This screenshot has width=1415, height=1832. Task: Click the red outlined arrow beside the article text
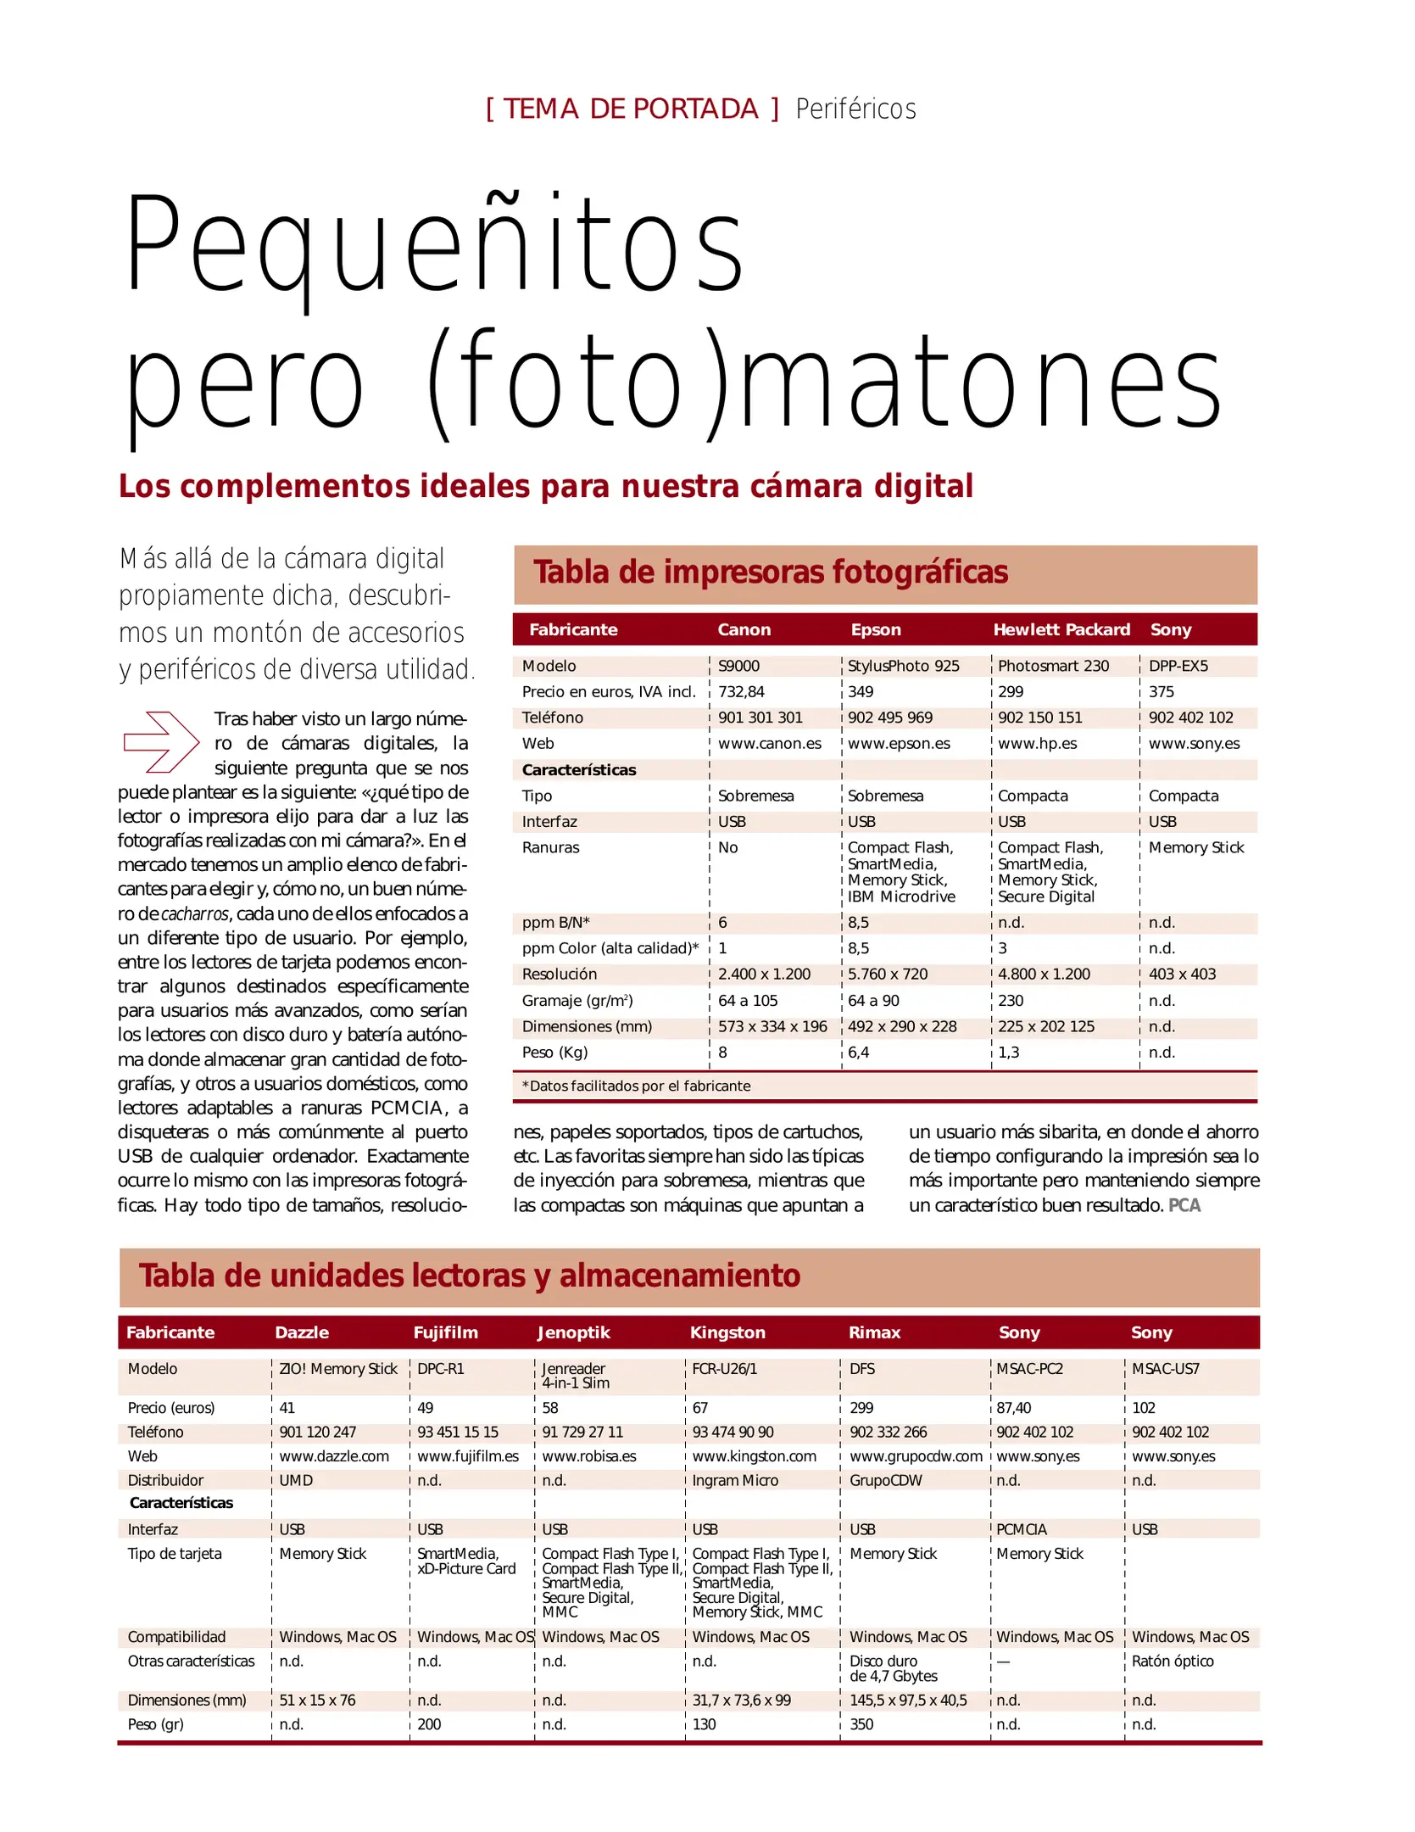tap(161, 742)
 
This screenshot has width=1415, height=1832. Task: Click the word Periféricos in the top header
tap(855, 109)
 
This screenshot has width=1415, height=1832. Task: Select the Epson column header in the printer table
tap(876, 629)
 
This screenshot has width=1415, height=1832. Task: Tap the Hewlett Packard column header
tap(1061, 629)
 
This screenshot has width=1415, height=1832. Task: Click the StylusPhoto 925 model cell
tap(903, 666)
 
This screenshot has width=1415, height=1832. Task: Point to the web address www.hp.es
tap(1037, 744)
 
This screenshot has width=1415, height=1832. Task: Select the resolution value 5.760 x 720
tap(888, 975)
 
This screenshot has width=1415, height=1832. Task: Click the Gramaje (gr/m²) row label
tap(577, 1001)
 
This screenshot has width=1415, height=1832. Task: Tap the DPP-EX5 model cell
tap(1178, 666)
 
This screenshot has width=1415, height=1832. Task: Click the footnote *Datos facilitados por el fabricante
tap(636, 1086)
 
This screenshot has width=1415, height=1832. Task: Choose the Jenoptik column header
tap(573, 1332)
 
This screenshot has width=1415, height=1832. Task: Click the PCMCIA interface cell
tap(1021, 1529)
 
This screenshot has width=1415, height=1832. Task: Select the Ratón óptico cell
tap(1173, 1661)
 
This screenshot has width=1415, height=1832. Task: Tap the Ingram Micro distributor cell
tap(735, 1480)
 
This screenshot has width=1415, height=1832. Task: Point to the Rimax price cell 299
tap(861, 1408)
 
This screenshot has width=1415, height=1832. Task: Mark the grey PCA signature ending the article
tap(1184, 1205)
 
